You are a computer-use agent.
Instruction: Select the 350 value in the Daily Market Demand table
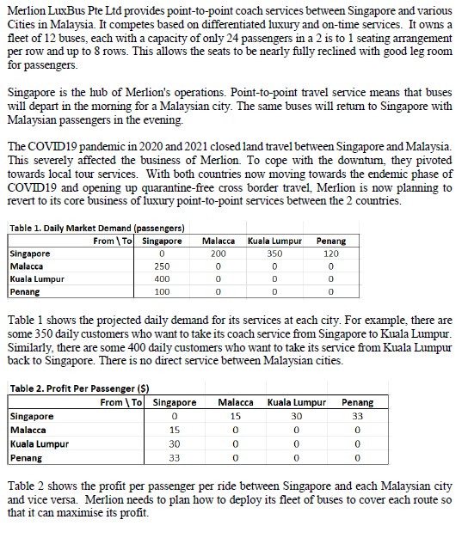pyautogui.click(x=274, y=254)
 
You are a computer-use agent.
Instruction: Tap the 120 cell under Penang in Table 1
pyautogui.click(x=331, y=254)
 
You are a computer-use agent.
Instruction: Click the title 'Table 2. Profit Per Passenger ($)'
pyautogui.click(x=77, y=388)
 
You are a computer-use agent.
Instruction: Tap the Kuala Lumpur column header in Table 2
pyautogui.click(x=295, y=402)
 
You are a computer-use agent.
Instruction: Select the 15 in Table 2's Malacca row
pyautogui.click(x=175, y=429)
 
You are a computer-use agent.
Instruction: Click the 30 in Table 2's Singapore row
pyautogui.click(x=296, y=416)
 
